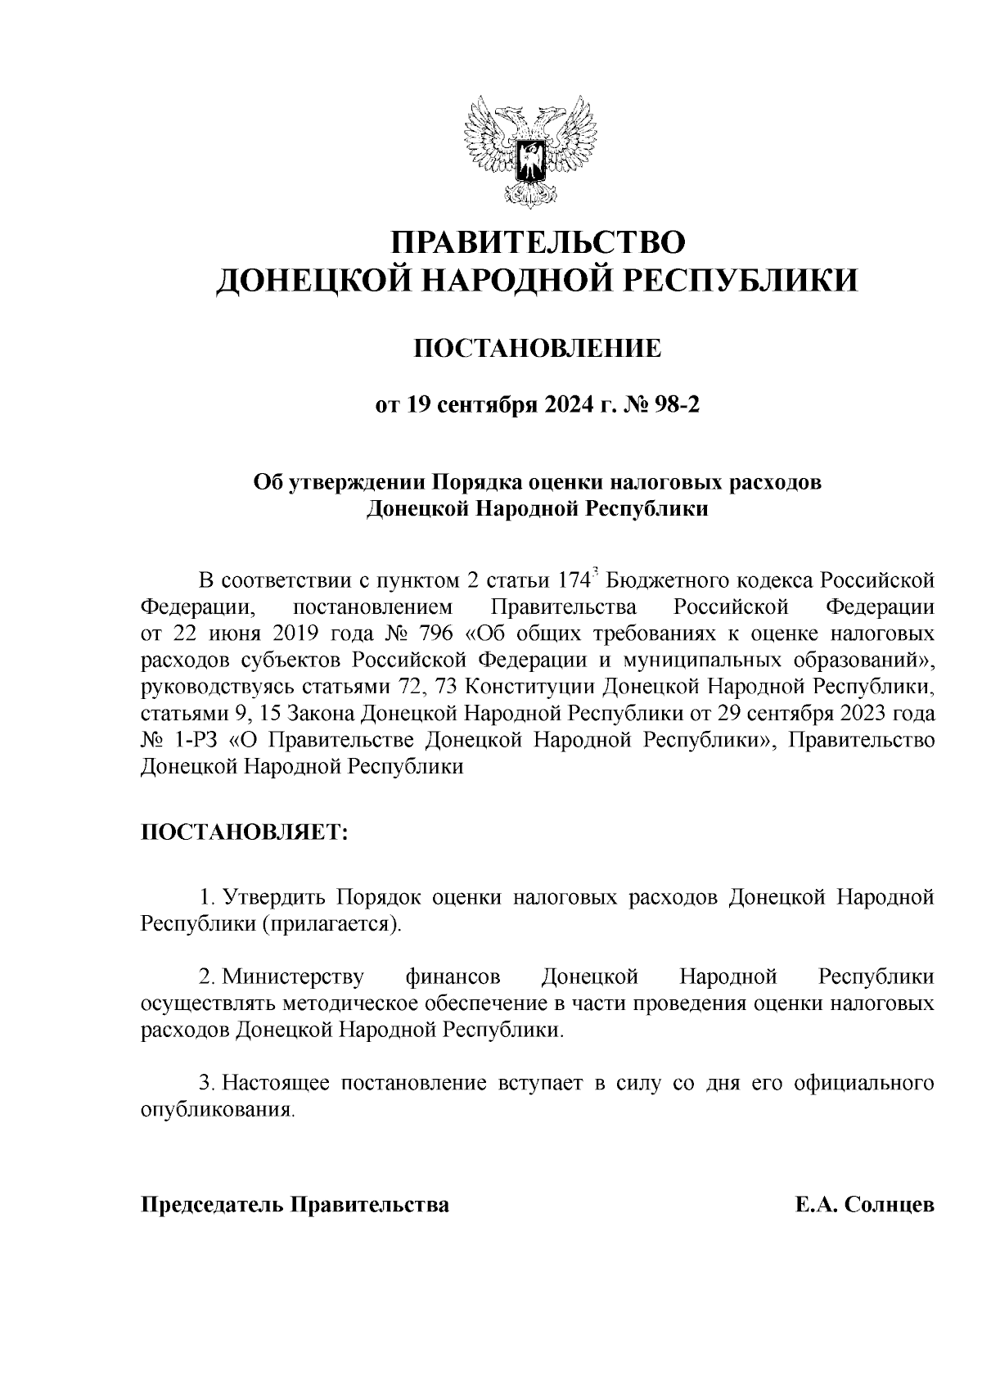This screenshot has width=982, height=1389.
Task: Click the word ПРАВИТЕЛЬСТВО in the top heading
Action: tap(536, 243)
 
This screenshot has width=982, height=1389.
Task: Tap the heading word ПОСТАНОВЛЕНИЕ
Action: tap(536, 350)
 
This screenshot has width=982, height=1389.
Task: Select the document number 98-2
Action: tap(673, 405)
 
